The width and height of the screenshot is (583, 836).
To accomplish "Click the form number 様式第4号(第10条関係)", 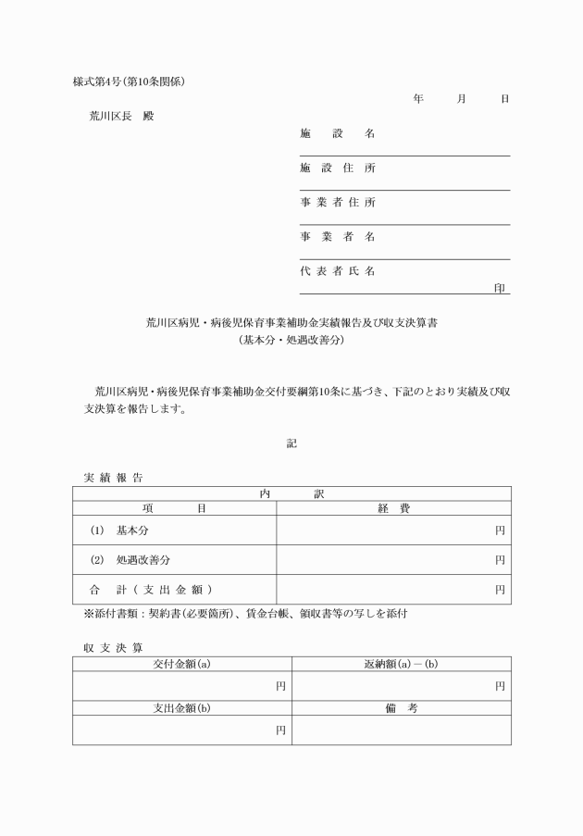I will (130, 81).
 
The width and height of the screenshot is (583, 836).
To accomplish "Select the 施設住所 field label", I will (338, 168).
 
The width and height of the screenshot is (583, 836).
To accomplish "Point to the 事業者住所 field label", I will (338, 203).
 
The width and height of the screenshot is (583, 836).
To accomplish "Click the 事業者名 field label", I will (338, 237).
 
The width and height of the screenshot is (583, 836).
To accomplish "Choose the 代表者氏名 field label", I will (338, 271).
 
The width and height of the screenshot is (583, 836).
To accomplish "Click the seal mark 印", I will (501, 288).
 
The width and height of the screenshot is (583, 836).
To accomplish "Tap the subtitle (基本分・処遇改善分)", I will (291, 340).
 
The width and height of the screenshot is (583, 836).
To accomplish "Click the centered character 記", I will (291, 443).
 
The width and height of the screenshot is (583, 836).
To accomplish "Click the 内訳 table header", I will (291, 494).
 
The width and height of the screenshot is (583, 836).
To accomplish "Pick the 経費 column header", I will (394, 508).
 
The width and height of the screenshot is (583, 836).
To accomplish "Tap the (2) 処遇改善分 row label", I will (130, 560).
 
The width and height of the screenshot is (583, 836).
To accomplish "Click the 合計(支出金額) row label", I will (152, 589).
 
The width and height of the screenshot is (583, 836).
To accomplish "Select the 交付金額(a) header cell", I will (182, 663).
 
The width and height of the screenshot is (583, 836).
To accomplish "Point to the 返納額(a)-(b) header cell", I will (402, 663).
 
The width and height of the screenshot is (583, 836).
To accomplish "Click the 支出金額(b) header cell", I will (182, 707).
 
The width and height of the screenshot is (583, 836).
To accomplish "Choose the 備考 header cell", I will (402, 707).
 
